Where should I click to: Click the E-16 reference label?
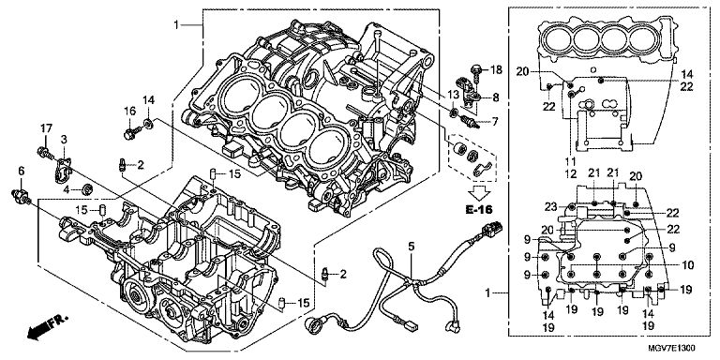point(478,210)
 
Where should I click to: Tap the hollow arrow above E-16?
point(479,193)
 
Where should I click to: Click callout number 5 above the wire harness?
point(411,247)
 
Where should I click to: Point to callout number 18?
point(496,69)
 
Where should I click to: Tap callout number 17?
point(46,128)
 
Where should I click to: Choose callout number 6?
point(22,171)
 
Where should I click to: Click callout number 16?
point(130,112)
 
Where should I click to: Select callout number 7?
point(495,122)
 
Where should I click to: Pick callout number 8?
point(495,97)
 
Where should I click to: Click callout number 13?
point(453,94)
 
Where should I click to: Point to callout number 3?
point(64,139)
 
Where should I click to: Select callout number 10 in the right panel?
point(688,265)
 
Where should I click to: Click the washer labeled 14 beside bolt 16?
point(149,123)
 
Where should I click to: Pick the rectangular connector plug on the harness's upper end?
point(492,228)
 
